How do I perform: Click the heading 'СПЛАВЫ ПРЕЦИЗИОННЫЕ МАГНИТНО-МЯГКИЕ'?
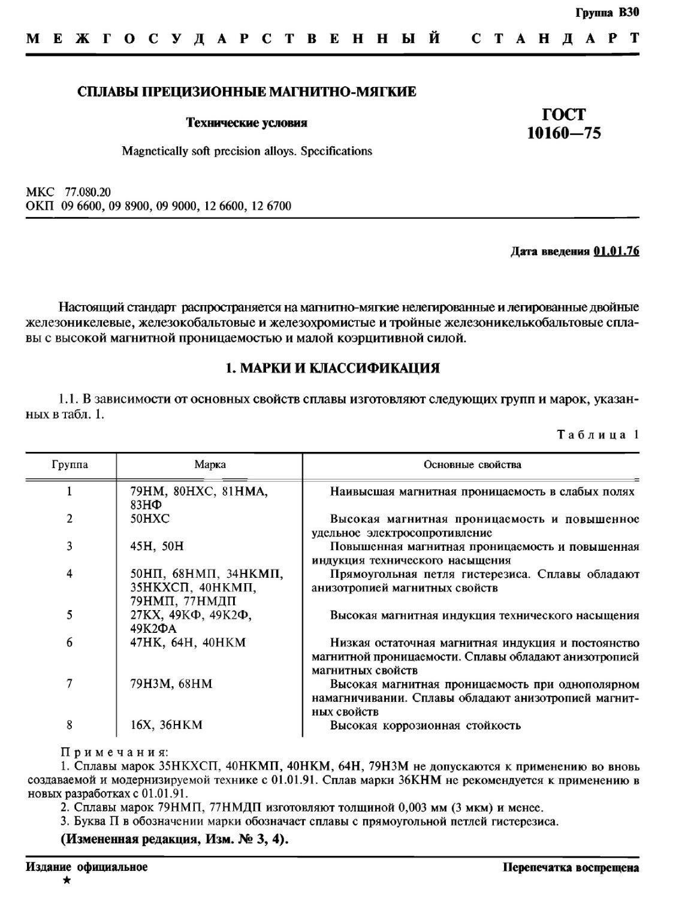(248, 92)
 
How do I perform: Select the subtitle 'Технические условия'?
(247, 123)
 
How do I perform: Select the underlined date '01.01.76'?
(616, 251)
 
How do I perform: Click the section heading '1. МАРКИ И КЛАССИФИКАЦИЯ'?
(332, 368)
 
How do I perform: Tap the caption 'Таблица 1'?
(597, 435)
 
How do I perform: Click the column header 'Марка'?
(210, 464)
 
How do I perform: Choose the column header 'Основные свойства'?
(472, 464)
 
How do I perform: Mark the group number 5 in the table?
(70, 615)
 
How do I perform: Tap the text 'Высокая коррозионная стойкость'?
(425, 726)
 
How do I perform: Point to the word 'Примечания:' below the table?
(116, 752)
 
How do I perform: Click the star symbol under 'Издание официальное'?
(67, 880)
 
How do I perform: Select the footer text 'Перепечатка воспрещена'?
(571, 867)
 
